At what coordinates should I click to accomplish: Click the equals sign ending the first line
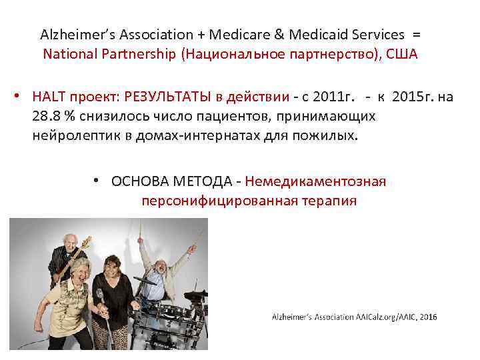coord(417,34)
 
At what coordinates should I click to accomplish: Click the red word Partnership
coord(141,54)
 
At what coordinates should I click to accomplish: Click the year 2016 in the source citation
coord(428,317)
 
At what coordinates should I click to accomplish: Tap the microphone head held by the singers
coord(99,294)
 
